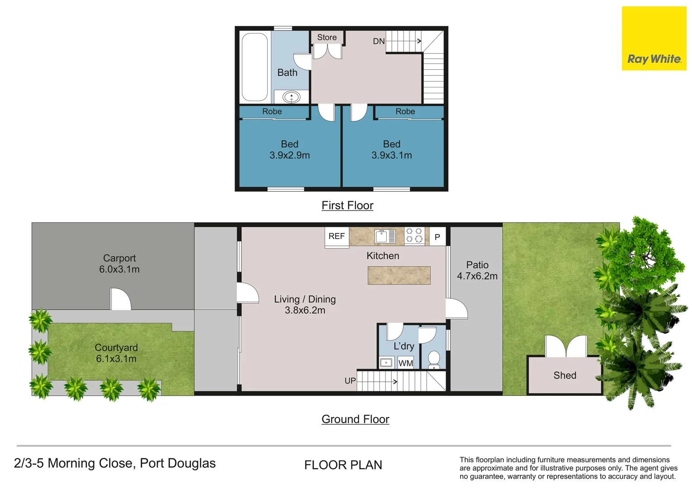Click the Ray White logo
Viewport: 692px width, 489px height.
pyautogui.click(x=654, y=38)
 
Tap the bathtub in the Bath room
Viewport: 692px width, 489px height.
pyautogui.click(x=255, y=67)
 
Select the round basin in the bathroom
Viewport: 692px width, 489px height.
pyautogui.click(x=291, y=97)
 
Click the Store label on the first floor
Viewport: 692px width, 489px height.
pyautogui.click(x=327, y=38)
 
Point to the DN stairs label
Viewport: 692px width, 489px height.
pyautogui.click(x=379, y=41)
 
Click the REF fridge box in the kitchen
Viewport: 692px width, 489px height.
pyautogui.click(x=337, y=237)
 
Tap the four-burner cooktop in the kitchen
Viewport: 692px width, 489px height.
pyautogui.click(x=414, y=235)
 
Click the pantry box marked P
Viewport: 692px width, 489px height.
pyautogui.click(x=437, y=237)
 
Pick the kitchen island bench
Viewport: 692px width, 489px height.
pyautogui.click(x=399, y=275)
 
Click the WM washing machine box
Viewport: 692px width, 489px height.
pyautogui.click(x=406, y=363)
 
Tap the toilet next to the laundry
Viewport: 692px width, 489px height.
pyautogui.click(x=434, y=360)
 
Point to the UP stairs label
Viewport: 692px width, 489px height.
pyautogui.click(x=351, y=381)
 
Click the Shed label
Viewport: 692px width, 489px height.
pyautogui.click(x=565, y=375)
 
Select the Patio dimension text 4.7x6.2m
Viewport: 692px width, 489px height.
pyautogui.click(x=477, y=276)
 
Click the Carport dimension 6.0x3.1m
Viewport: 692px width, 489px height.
pyautogui.click(x=119, y=269)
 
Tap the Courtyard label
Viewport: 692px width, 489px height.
pyautogui.click(x=116, y=348)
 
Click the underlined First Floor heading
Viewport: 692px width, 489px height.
pyautogui.click(x=347, y=206)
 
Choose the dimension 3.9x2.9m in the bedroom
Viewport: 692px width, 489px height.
pyautogui.click(x=289, y=155)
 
